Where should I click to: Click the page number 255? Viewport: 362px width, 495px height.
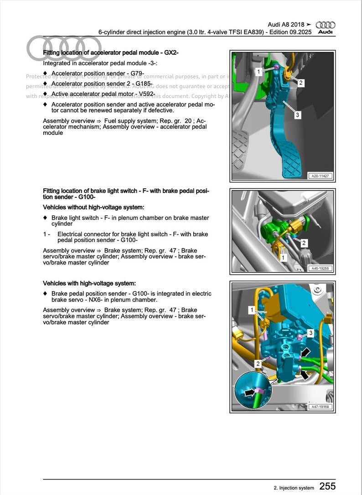pyautogui.click(x=327, y=486)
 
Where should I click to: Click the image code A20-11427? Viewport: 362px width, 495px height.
pyautogui.click(x=321, y=175)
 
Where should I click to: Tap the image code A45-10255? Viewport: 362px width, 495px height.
pyautogui.click(x=321, y=268)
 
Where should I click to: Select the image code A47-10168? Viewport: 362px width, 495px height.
pyautogui.click(x=321, y=407)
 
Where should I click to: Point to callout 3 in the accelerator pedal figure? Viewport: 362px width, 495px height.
pyautogui.click(x=297, y=115)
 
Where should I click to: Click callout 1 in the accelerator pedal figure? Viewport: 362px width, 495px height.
pyautogui.click(x=258, y=72)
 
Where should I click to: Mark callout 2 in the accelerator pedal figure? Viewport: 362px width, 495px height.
pyautogui.click(x=301, y=83)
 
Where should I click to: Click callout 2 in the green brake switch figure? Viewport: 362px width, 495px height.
pyautogui.click(x=304, y=242)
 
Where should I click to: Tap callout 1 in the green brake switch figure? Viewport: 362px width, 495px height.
pyautogui.click(x=283, y=258)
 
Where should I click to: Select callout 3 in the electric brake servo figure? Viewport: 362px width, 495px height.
pyautogui.click(x=310, y=333)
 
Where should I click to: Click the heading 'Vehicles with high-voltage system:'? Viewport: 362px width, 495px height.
pyautogui.click(x=89, y=283)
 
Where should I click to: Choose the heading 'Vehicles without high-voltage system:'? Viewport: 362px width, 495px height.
pyautogui.click(x=93, y=207)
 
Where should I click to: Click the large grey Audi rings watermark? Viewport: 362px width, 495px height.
pyautogui.click(x=64, y=48)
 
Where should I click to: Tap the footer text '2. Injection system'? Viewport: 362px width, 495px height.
pyautogui.click(x=294, y=488)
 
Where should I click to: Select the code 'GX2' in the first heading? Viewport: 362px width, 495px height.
pyautogui.click(x=170, y=53)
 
